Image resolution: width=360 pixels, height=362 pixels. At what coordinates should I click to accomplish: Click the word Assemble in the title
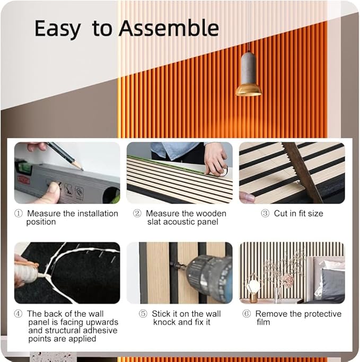click(x=169, y=28)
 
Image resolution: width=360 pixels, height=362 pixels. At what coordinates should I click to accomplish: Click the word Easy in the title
click(x=57, y=29)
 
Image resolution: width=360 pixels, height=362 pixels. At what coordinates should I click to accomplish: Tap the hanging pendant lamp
click(x=248, y=74)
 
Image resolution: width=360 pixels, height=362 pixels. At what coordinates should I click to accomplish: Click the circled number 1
click(x=19, y=213)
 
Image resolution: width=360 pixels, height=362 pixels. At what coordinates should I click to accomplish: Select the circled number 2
click(x=137, y=213)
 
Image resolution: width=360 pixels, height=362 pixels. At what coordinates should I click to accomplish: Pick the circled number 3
click(x=265, y=213)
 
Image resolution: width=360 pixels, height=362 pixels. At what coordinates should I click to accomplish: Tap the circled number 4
click(x=18, y=314)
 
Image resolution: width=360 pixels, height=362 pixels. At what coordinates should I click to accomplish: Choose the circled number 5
click(x=143, y=314)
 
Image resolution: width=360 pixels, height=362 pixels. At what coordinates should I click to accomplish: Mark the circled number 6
click(x=247, y=314)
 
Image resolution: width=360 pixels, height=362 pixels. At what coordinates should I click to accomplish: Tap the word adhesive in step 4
click(x=100, y=330)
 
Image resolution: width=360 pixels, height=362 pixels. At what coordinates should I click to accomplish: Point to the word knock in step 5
click(x=164, y=322)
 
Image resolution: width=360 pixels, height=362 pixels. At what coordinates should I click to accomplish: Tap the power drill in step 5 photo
click(x=204, y=275)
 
